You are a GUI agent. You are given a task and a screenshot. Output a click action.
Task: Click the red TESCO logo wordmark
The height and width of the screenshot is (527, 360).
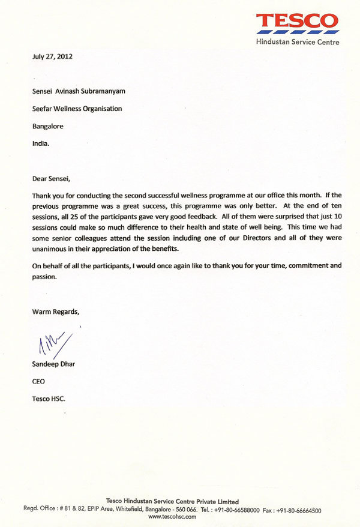click(297, 23)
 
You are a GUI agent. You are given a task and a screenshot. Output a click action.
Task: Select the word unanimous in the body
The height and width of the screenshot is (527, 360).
click(50, 250)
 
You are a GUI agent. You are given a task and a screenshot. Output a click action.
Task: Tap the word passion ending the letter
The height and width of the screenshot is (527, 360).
click(44, 277)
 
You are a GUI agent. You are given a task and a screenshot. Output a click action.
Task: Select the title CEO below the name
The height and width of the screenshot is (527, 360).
click(38, 381)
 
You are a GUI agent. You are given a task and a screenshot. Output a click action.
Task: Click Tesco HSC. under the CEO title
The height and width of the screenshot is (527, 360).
click(48, 399)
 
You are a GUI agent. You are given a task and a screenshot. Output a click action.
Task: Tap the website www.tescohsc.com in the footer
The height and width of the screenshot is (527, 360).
click(172, 517)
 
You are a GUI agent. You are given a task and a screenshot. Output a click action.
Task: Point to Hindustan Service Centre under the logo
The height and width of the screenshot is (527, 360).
click(297, 42)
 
